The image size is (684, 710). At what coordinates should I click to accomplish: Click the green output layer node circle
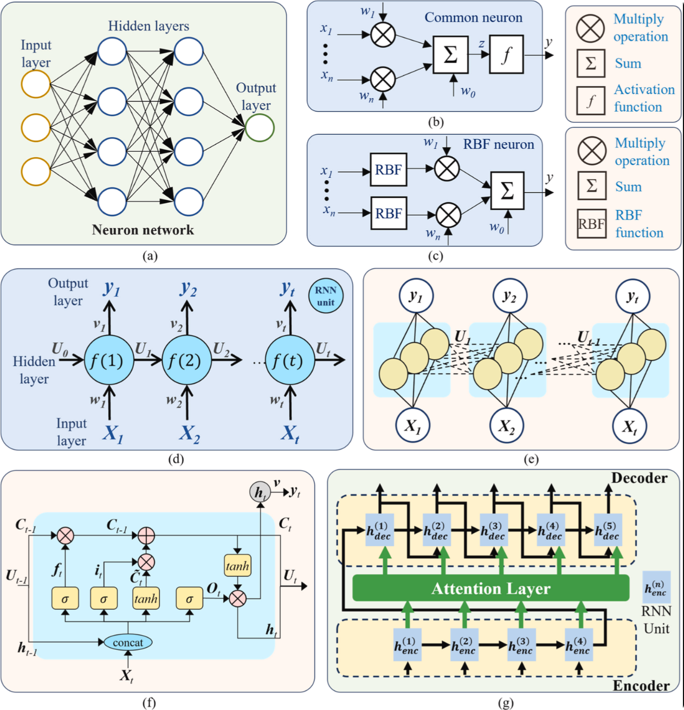[260, 127]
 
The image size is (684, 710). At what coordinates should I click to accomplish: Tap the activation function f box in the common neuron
[506, 54]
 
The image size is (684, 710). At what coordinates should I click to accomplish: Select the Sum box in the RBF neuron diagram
[507, 191]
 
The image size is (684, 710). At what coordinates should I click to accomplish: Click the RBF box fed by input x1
[388, 170]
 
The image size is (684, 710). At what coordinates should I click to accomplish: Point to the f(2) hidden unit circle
[186, 360]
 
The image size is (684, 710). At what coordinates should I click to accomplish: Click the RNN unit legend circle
[325, 296]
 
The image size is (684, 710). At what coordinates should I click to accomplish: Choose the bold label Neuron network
[143, 230]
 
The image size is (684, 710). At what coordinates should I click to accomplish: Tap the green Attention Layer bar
[491, 588]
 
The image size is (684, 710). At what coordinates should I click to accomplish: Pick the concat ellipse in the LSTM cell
[128, 642]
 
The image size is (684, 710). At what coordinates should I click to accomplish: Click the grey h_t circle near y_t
[260, 492]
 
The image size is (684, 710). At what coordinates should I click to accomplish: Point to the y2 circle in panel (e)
[509, 296]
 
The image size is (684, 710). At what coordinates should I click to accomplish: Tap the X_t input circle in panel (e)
[629, 427]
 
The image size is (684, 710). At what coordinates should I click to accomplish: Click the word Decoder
[639, 478]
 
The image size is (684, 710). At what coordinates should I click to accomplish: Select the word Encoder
[641, 686]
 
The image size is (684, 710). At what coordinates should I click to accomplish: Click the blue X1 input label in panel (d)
[113, 433]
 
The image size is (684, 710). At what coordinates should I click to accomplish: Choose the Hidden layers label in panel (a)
[149, 26]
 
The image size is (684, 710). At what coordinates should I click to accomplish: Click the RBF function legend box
[591, 224]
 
